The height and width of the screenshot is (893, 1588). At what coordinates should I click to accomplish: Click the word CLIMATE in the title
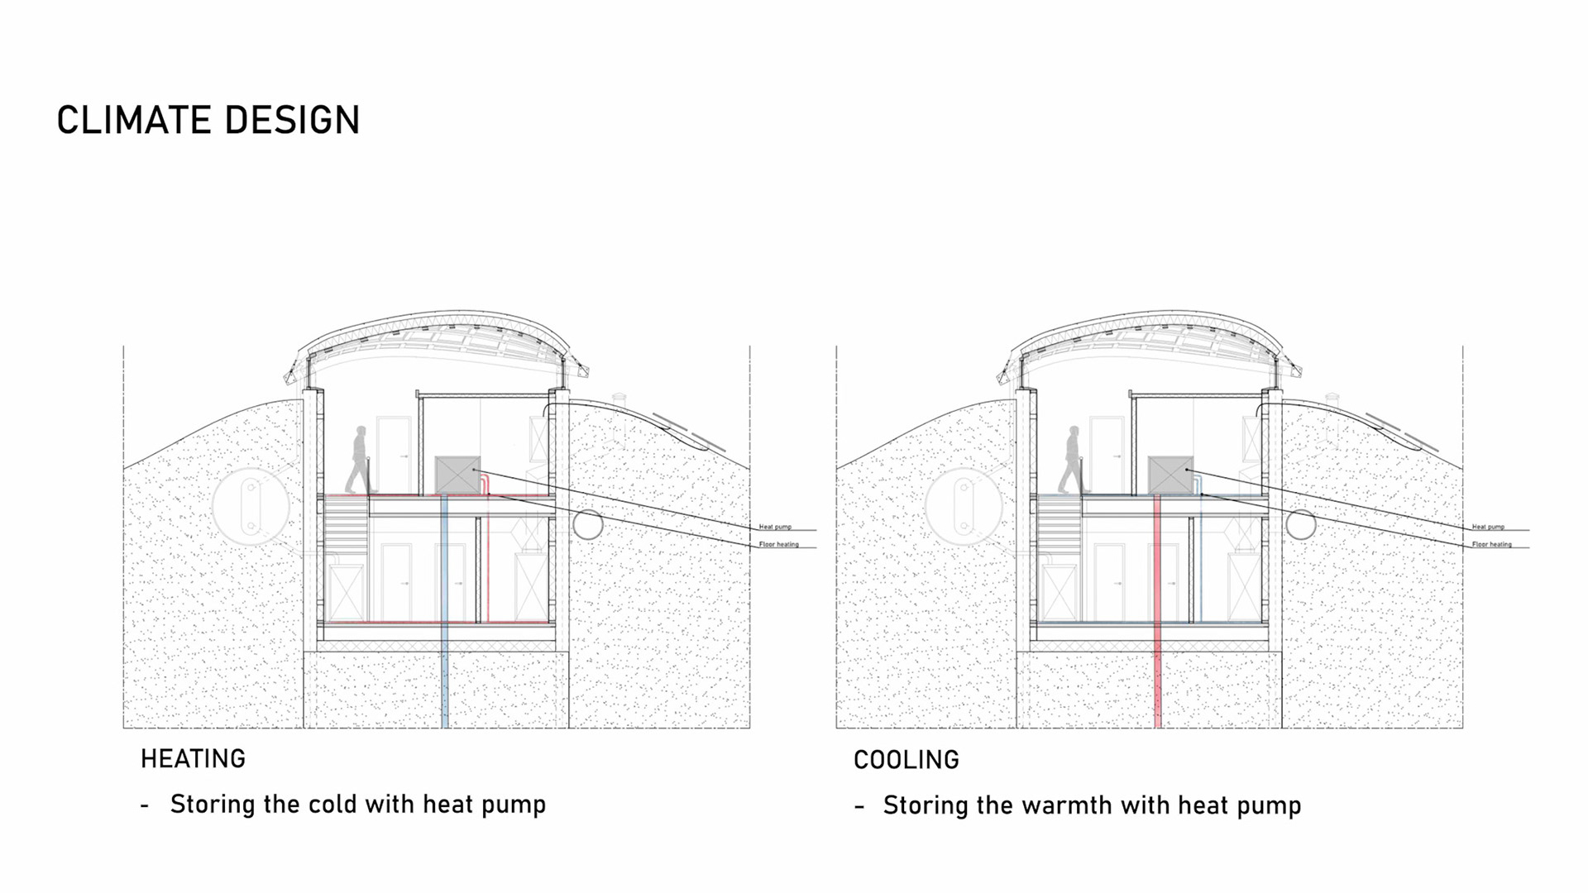click(132, 121)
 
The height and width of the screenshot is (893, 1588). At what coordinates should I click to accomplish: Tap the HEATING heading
click(193, 759)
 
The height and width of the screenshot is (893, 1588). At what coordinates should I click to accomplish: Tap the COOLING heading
click(906, 760)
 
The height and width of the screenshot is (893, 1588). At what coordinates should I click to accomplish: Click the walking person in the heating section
click(360, 460)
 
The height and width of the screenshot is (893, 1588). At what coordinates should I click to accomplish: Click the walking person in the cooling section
click(1073, 460)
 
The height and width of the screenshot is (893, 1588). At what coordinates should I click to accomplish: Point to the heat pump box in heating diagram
click(457, 475)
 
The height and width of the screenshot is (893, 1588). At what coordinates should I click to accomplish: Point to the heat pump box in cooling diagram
click(1170, 475)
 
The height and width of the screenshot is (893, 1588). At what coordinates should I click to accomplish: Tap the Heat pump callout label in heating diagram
click(775, 527)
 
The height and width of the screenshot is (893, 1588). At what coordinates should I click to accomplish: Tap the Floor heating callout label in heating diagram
click(779, 545)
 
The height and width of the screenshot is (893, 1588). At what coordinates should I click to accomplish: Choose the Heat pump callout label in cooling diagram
click(1488, 527)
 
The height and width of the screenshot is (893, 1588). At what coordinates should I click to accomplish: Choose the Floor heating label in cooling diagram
click(1492, 545)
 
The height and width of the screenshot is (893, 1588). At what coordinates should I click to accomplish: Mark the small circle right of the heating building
click(588, 523)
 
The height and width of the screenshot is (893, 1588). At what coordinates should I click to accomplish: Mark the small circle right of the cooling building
click(1301, 523)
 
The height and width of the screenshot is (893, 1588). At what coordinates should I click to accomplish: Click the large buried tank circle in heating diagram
click(250, 506)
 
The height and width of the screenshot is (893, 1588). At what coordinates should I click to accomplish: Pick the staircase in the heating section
click(346, 529)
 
